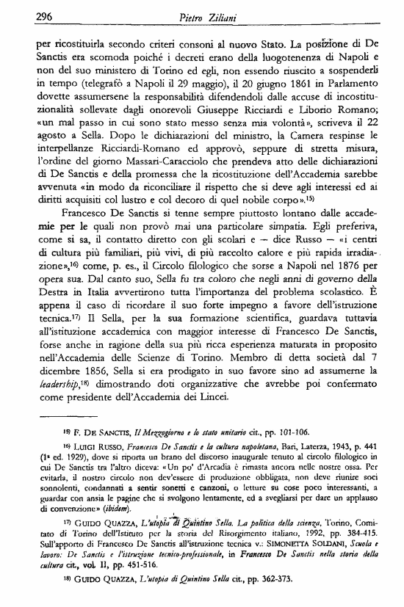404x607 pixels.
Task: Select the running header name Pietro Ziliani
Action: [x=204, y=15]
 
